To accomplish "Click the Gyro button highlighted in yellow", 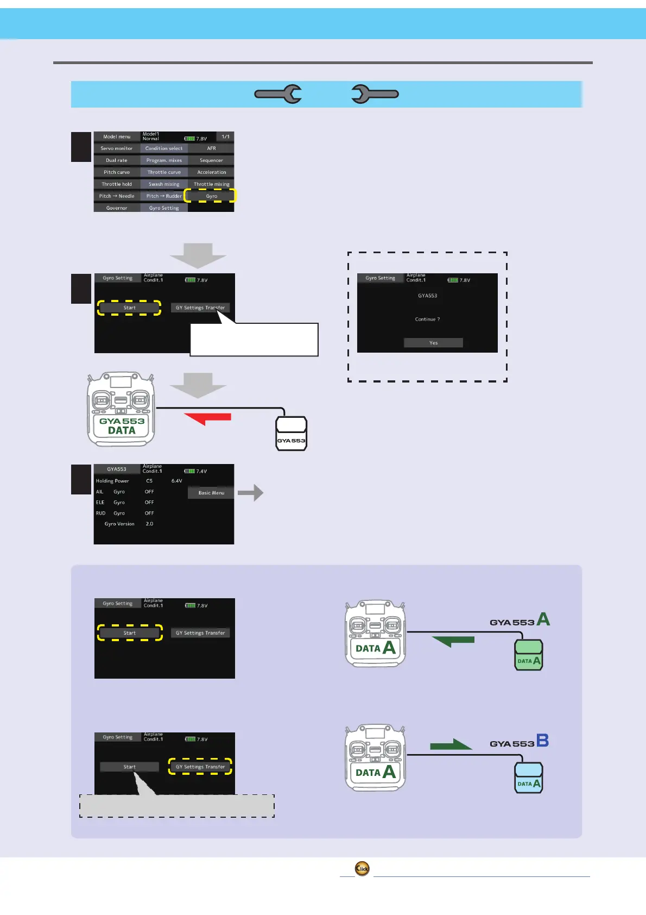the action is coord(211,196).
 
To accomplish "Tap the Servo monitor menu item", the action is coord(117,148).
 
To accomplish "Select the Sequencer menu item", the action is coord(211,160).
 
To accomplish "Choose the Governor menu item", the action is coord(117,208).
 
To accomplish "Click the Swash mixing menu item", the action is coord(164,184).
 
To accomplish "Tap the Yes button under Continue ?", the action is coord(433,343).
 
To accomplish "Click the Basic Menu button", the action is coord(211,493).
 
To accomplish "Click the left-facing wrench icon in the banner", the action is coord(278,94).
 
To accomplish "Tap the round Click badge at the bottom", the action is coord(362,868).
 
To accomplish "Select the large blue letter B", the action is coord(542,741).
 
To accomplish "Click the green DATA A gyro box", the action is coord(528,655).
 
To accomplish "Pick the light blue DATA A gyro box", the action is coord(528,778).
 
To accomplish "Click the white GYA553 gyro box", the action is coord(292,434).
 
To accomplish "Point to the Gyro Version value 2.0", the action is coord(149,524).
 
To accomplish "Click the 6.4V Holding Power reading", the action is coord(176,481).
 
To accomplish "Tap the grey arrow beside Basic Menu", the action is coord(251,493).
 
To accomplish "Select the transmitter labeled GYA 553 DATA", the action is coord(122,409).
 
